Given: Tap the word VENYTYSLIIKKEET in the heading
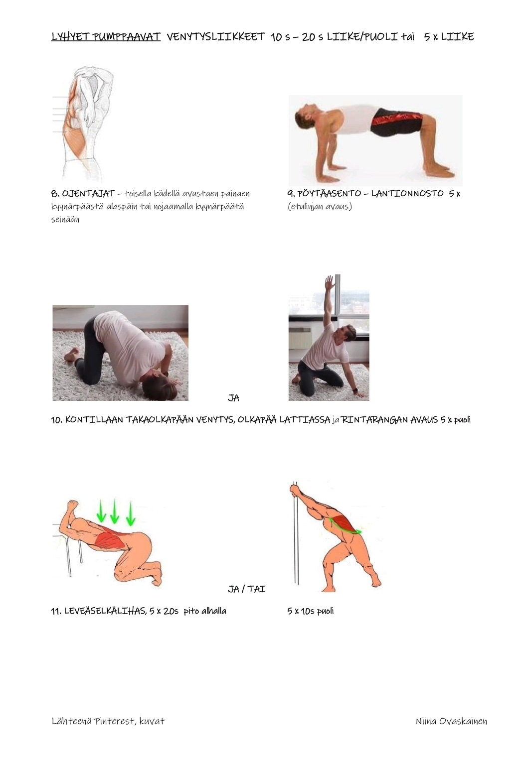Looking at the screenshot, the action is pyautogui.click(x=215, y=36).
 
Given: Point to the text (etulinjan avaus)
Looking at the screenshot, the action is pyautogui.click(x=320, y=206).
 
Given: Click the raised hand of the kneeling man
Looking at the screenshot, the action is pyautogui.click(x=329, y=282).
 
